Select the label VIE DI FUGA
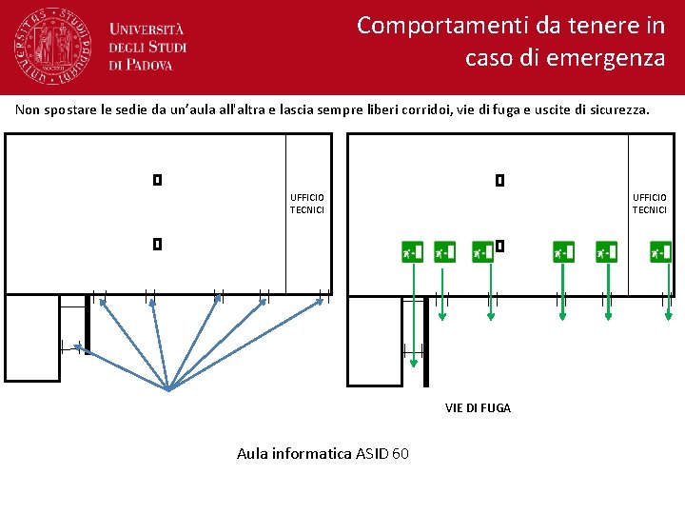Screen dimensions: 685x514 (478, 408)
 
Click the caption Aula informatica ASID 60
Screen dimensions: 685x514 (323, 454)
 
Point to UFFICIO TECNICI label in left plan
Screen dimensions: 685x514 (307, 204)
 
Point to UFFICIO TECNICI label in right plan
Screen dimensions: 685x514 (650, 204)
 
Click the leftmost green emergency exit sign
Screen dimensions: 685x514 (412, 251)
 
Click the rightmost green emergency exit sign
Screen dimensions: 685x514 (660, 251)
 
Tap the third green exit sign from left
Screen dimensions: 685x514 (483, 251)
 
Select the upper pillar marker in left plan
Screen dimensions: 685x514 (158, 180)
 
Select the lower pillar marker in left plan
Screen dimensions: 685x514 (158, 245)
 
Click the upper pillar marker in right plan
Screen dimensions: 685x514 (499, 180)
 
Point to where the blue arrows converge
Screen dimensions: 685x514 (168, 388)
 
